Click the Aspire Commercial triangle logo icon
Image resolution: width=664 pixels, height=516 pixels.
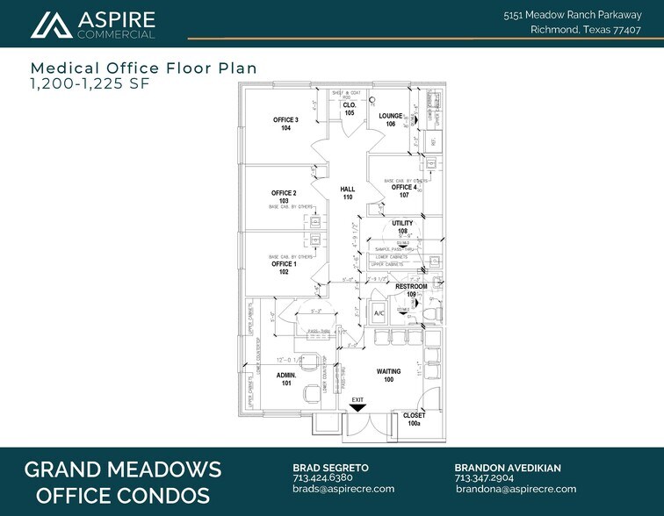pos(51,25)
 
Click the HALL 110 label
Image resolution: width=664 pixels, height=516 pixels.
pos(347,193)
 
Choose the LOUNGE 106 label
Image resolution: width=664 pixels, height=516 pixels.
pos(391,119)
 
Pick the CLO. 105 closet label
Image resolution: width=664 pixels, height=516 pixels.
pos(349,109)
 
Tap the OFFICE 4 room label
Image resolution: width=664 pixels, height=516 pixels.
pos(404,190)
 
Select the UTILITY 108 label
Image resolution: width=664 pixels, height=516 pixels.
pos(402,227)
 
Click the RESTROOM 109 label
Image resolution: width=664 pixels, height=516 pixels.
pos(411,290)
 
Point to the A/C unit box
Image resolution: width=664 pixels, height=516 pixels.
pos(380,313)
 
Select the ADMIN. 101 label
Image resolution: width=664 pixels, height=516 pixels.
pos(286,378)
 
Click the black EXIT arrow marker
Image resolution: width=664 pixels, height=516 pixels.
pos(357,407)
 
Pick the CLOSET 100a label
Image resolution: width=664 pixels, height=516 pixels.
pos(414,419)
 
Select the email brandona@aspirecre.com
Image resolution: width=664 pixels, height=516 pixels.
pos(516,490)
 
